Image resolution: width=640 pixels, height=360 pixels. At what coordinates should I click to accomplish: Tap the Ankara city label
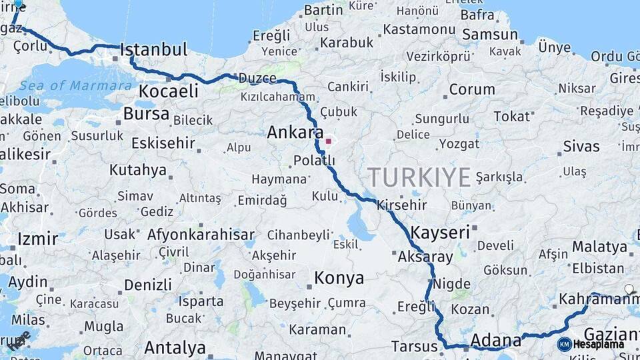295,132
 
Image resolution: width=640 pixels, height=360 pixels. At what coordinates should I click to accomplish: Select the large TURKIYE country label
419,177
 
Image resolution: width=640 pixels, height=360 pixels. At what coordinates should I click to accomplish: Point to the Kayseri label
441,233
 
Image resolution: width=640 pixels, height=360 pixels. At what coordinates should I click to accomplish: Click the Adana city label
496,341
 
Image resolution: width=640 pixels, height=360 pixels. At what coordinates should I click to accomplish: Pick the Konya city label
339,277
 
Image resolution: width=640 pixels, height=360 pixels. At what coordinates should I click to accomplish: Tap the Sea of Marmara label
75,85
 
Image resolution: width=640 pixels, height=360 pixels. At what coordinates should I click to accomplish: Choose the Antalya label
175,347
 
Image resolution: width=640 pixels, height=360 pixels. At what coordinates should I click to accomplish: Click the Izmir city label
37,239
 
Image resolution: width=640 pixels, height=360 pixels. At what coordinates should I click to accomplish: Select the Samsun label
489,35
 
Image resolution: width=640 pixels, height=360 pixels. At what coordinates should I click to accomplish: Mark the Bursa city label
146,113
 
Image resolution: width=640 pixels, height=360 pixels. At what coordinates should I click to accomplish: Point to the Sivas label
581,146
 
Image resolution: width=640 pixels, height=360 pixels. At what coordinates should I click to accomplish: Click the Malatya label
599,246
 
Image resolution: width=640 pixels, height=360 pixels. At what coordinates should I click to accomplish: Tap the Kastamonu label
419,29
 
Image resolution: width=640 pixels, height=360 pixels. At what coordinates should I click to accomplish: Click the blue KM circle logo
564,344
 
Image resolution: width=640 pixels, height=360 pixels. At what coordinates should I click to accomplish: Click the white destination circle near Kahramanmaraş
629,289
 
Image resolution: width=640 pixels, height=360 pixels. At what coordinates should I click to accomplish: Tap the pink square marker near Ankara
328,141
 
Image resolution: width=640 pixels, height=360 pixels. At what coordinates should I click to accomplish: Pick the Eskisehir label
163,143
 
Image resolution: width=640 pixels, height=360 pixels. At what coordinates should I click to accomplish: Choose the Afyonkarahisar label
201,235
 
